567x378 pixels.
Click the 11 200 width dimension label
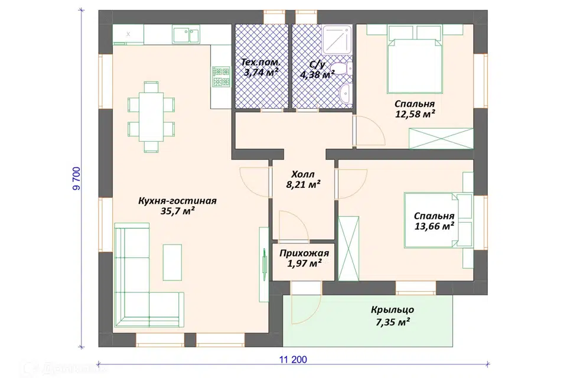pos(293,360)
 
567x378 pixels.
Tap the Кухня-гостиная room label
pos(177,206)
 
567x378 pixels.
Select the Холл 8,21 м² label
pos(304,180)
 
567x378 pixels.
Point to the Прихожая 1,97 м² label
pos(304,258)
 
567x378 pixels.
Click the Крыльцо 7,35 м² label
pos(393,316)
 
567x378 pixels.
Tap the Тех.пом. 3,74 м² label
pos(261,67)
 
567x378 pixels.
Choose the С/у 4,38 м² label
pos(317,70)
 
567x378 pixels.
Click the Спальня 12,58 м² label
pos(415,109)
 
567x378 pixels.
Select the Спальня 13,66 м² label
pos(434,221)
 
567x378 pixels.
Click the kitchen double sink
pos(186,35)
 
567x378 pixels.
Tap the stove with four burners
pos(221,77)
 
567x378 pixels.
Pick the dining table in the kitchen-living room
pos(151,117)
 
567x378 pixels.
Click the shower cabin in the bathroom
pos(337,40)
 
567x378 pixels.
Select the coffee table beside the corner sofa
pos(172,262)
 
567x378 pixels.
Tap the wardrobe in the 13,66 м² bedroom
pos(348,249)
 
